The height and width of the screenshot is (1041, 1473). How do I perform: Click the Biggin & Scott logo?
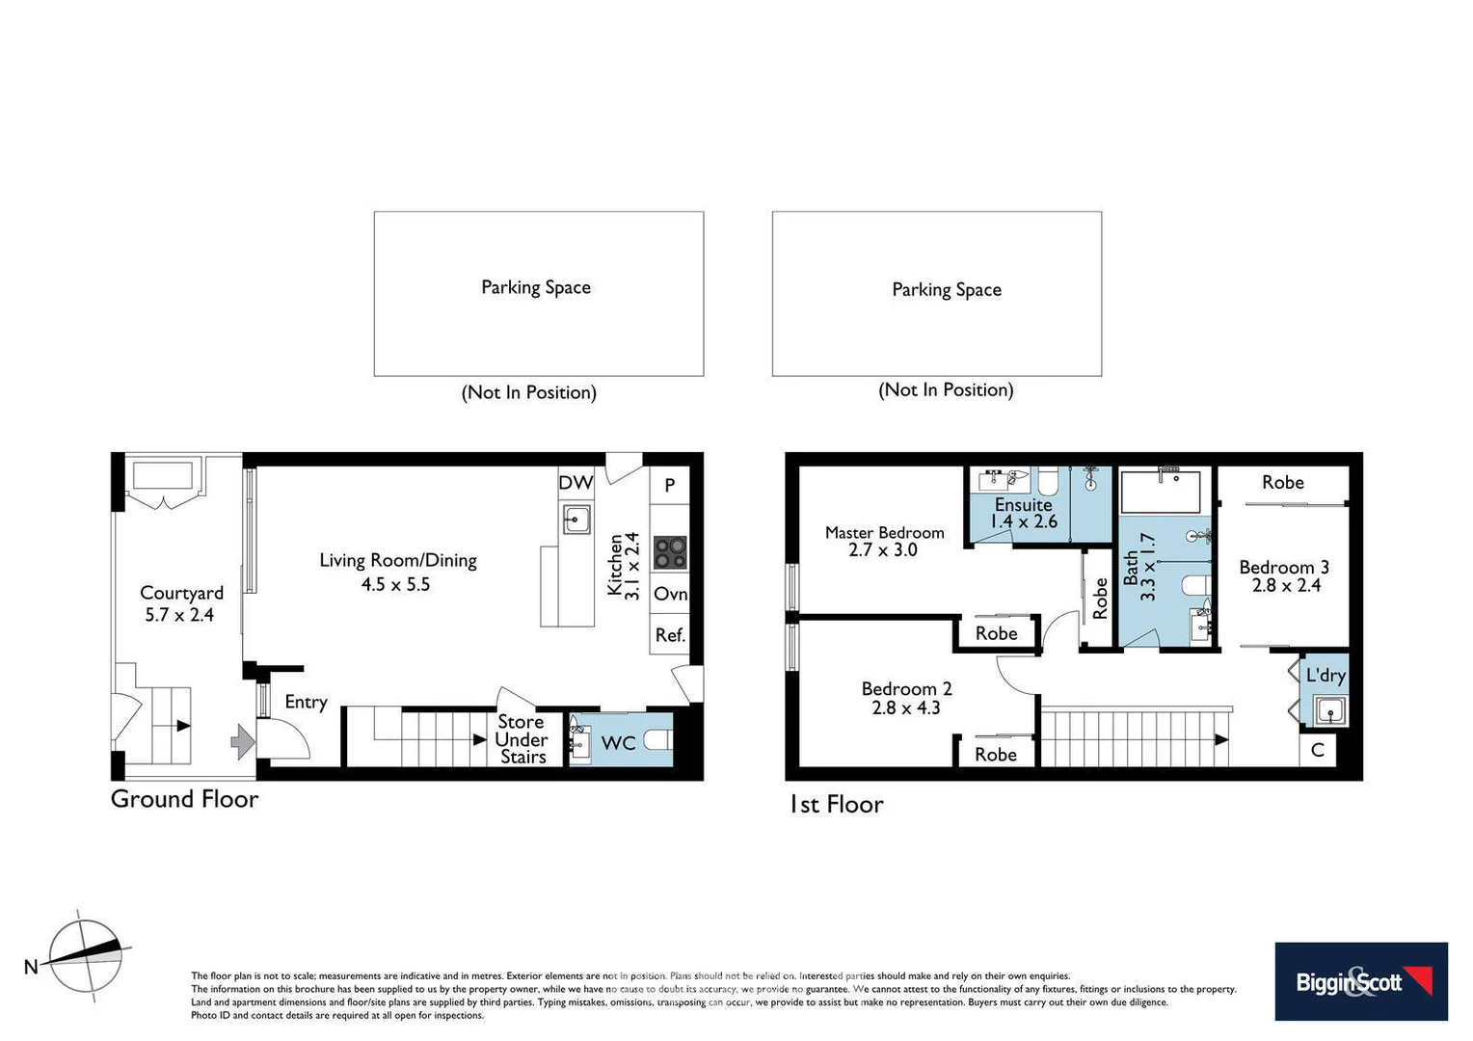[x=1360, y=981]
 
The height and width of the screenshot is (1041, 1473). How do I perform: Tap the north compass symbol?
[x=86, y=956]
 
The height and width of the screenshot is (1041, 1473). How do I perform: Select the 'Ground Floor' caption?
[x=184, y=799]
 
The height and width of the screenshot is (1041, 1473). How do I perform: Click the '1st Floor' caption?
[x=836, y=805]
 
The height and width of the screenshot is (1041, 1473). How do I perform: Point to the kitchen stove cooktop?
[x=670, y=553]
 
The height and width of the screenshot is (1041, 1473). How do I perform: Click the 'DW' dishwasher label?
[x=576, y=483]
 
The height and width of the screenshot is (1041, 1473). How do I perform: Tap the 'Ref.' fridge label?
[x=670, y=635]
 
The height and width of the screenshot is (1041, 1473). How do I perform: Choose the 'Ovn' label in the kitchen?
[x=670, y=594]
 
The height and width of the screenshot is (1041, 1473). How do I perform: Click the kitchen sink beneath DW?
[x=576, y=520]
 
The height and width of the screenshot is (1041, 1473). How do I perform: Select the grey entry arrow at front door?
[x=242, y=741]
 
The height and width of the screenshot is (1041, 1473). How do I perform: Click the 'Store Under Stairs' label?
[x=522, y=739]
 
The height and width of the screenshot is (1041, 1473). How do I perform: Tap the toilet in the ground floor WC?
[x=657, y=741]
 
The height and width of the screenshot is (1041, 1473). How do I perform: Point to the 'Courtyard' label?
[x=181, y=593]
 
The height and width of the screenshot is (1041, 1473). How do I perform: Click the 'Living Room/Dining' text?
[x=398, y=560]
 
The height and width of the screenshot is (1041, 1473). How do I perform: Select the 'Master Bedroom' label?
[x=884, y=532]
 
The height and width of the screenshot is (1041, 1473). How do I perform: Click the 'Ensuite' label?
[x=1023, y=504]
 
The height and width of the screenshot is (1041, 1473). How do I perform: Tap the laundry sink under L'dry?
[x=1329, y=712]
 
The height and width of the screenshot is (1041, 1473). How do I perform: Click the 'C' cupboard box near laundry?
[x=1318, y=751]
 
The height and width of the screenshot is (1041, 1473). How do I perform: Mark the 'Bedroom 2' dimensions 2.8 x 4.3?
[x=905, y=707]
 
